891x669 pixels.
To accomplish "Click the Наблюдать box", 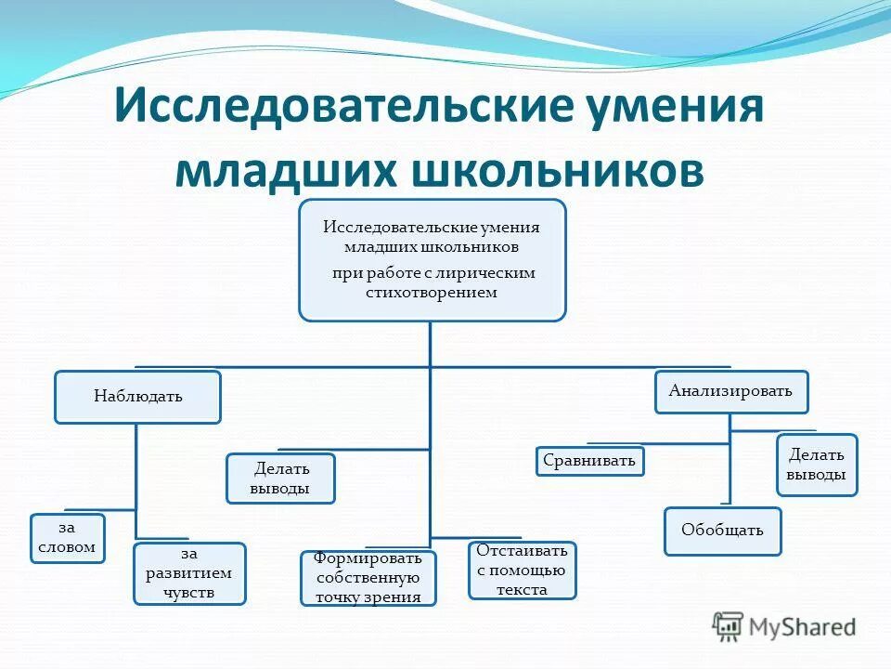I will tap(137, 397).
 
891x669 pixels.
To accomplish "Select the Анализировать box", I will tap(731, 391).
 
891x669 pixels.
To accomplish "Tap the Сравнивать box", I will tap(589, 461).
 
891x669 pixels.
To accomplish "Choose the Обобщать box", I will tap(722, 531).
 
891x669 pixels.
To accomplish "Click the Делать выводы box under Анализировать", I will tap(816, 465).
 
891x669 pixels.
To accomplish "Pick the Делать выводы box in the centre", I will tap(280, 479).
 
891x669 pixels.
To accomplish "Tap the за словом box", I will tap(67, 538).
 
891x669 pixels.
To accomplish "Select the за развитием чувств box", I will tap(189, 573).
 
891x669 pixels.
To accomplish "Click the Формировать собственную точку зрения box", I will tap(368, 578).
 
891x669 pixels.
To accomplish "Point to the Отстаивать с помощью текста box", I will tap(522, 571).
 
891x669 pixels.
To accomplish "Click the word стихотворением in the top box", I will tap(432, 292).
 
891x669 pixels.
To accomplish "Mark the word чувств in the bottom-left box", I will tap(189, 592).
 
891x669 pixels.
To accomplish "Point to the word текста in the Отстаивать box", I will tap(522, 589).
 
